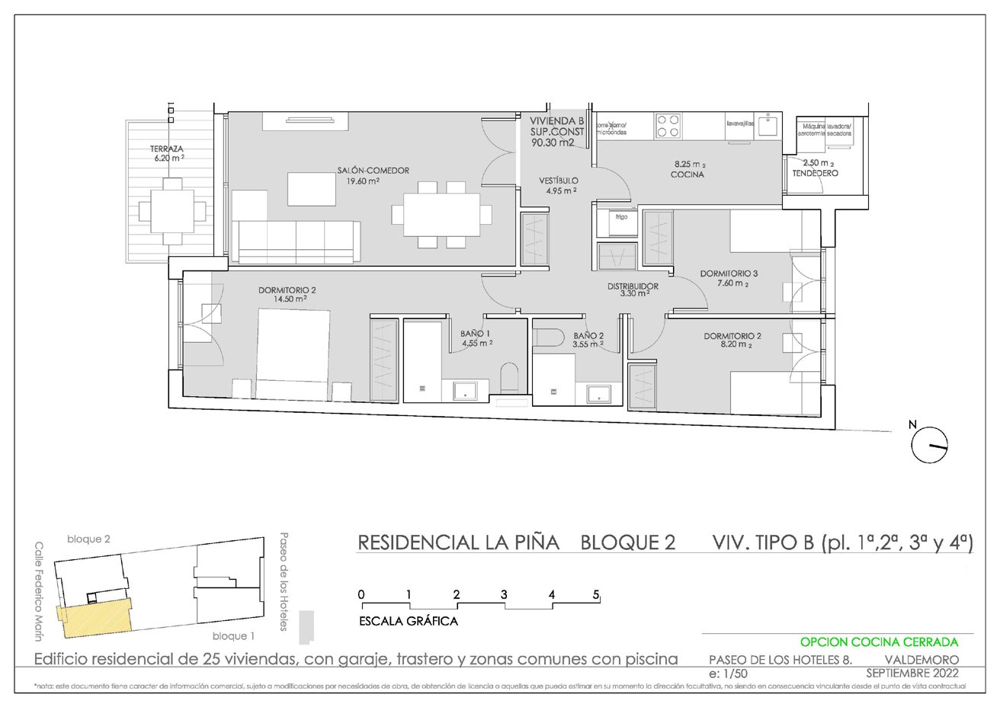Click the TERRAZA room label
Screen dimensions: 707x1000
tap(166, 149)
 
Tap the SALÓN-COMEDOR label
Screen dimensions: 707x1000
tap(373, 171)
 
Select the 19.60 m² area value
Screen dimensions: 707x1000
tap(364, 181)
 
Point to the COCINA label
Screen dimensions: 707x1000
tap(687, 174)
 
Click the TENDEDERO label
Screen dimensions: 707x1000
tap(816, 174)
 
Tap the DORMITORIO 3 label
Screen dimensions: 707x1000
tap(729, 274)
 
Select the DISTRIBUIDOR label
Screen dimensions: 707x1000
tap(633, 286)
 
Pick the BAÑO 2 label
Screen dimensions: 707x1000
tap(588, 336)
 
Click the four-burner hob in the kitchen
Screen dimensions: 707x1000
tap(668, 126)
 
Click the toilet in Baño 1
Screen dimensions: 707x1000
tap(510, 377)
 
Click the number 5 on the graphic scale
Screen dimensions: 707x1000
tap(597, 594)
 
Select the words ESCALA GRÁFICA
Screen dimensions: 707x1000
tap(408, 621)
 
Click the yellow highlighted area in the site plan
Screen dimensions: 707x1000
tap(95, 618)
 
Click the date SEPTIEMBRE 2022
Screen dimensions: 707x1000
tap(912, 673)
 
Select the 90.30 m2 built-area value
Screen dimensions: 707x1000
tap(553, 142)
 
